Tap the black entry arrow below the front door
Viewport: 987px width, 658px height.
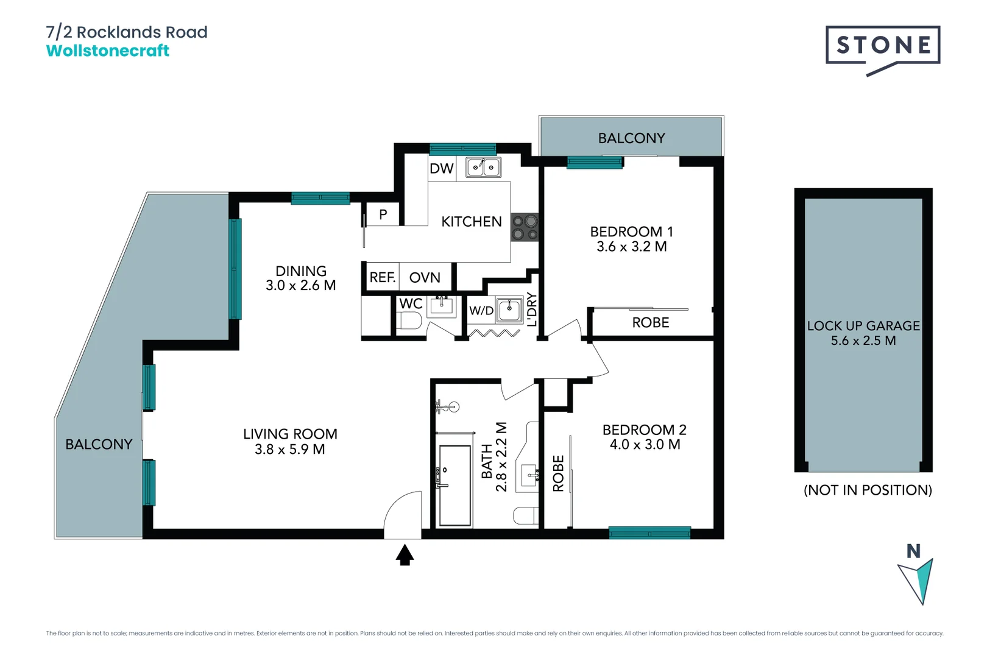coord(405,555)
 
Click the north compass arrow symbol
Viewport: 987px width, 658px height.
coord(918,580)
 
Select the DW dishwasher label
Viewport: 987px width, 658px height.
coord(441,169)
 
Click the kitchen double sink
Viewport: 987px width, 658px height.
coord(483,167)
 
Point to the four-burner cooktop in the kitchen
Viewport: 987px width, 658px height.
coord(525,227)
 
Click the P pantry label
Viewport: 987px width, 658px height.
coord(383,214)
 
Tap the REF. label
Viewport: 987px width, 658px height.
coord(382,278)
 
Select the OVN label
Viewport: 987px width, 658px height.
coord(425,278)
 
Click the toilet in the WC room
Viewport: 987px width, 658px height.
coord(409,320)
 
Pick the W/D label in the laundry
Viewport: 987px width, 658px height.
coord(481,311)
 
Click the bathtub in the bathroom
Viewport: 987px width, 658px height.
coord(455,485)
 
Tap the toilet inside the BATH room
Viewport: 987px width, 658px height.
coord(525,515)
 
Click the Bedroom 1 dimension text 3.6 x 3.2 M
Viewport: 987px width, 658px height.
coord(631,247)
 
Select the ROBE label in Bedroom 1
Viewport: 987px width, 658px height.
coord(650,323)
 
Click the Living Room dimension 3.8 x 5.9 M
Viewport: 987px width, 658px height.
coord(289,450)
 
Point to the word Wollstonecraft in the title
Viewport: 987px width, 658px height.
coord(108,51)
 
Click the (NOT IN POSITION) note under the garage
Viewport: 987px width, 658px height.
coord(868,490)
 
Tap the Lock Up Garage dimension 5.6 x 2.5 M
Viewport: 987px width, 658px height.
coord(863,341)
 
